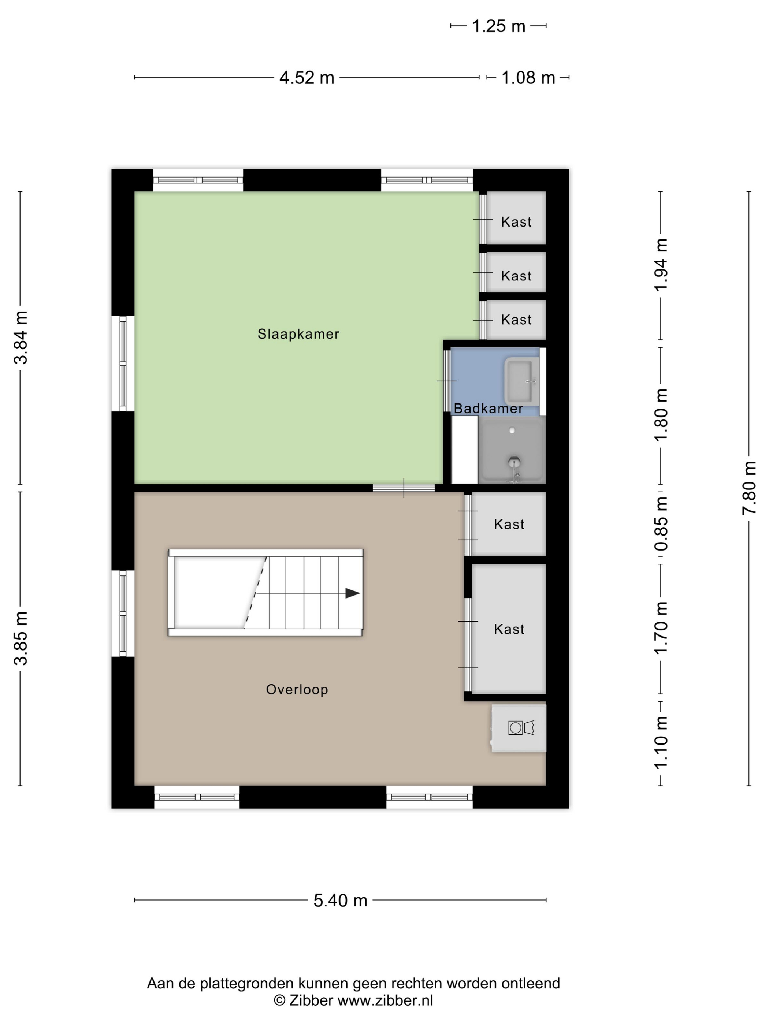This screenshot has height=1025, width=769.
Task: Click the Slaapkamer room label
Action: tap(298, 334)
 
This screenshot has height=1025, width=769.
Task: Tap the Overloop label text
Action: tap(297, 690)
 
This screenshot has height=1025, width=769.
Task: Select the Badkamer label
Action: tap(488, 408)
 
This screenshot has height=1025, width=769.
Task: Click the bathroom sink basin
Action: tap(521, 381)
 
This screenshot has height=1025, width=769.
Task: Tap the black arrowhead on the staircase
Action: tap(353, 593)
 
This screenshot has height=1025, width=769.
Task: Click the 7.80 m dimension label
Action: tap(749, 488)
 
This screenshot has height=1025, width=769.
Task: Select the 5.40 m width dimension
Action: tap(340, 900)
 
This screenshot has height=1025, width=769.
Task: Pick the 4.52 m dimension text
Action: tap(307, 77)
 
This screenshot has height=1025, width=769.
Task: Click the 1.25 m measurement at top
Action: tap(498, 26)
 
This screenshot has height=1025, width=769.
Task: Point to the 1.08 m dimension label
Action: tap(528, 77)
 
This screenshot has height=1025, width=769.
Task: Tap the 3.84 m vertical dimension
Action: tap(21, 338)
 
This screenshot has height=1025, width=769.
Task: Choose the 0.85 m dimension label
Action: tap(661, 523)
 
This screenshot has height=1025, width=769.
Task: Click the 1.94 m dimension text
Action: tap(661, 265)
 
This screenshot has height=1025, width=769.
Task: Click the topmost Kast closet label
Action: tap(516, 222)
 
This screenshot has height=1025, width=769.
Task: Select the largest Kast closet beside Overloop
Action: tap(509, 629)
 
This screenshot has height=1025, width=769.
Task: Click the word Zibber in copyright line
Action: tap(311, 1000)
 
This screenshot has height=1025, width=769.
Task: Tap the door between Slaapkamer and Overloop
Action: tap(404, 488)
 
